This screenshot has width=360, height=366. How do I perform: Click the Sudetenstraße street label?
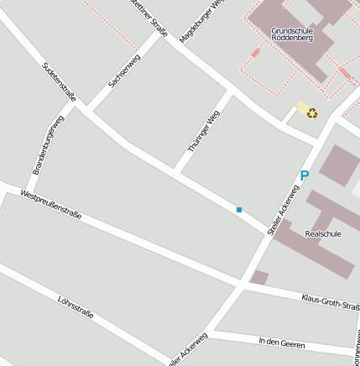click(59, 81)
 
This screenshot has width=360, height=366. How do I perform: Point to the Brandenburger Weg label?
click(49, 144)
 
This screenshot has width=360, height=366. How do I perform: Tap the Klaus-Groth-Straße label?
click(330, 301)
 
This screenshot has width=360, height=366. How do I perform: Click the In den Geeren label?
click(282, 343)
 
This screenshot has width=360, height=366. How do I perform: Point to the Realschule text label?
click(323, 233)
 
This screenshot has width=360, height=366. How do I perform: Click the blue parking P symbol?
click(304, 176)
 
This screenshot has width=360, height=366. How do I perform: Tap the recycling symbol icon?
click(311, 112)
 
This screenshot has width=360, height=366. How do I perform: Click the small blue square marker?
click(239, 209)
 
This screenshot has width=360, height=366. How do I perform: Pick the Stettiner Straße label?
click(150, 18)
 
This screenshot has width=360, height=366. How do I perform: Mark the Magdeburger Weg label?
click(202, 21)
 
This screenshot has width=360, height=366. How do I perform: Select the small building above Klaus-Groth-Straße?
click(260, 277)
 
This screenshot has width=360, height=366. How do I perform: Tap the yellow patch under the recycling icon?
click(303, 108)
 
